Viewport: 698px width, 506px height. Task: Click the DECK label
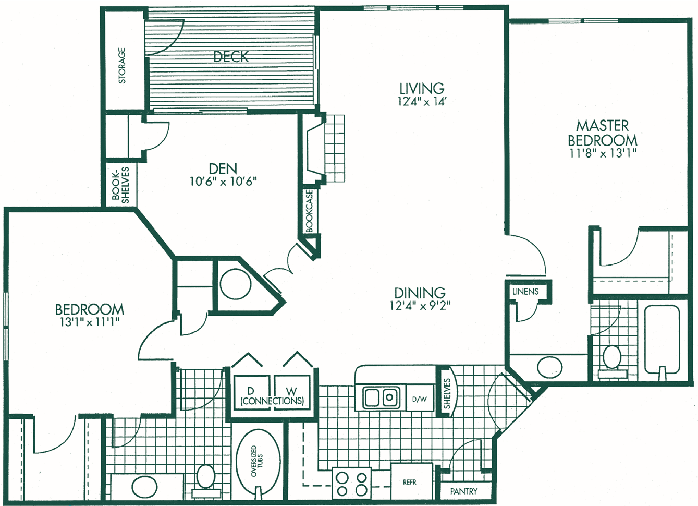tap(231, 56)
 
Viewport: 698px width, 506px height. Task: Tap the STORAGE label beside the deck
tap(122, 66)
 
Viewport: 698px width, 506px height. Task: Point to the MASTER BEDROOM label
tap(602, 133)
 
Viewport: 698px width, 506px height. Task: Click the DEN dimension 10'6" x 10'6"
tap(223, 182)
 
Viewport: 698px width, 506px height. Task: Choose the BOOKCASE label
tap(309, 211)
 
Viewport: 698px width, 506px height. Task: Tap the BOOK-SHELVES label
tap(120, 185)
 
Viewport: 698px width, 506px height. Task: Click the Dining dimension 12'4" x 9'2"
tap(420, 306)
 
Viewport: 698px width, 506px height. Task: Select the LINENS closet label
tap(525, 292)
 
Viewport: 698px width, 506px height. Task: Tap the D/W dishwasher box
tap(420, 398)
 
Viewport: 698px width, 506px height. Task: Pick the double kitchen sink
tap(381, 397)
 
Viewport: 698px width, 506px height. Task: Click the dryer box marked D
tap(251, 392)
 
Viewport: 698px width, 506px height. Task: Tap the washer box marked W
tap(292, 392)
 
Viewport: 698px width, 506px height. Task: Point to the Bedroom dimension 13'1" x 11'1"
tap(90, 322)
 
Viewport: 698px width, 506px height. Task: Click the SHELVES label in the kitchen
tap(447, 393)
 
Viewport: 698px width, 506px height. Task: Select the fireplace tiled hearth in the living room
tap(335, 148)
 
